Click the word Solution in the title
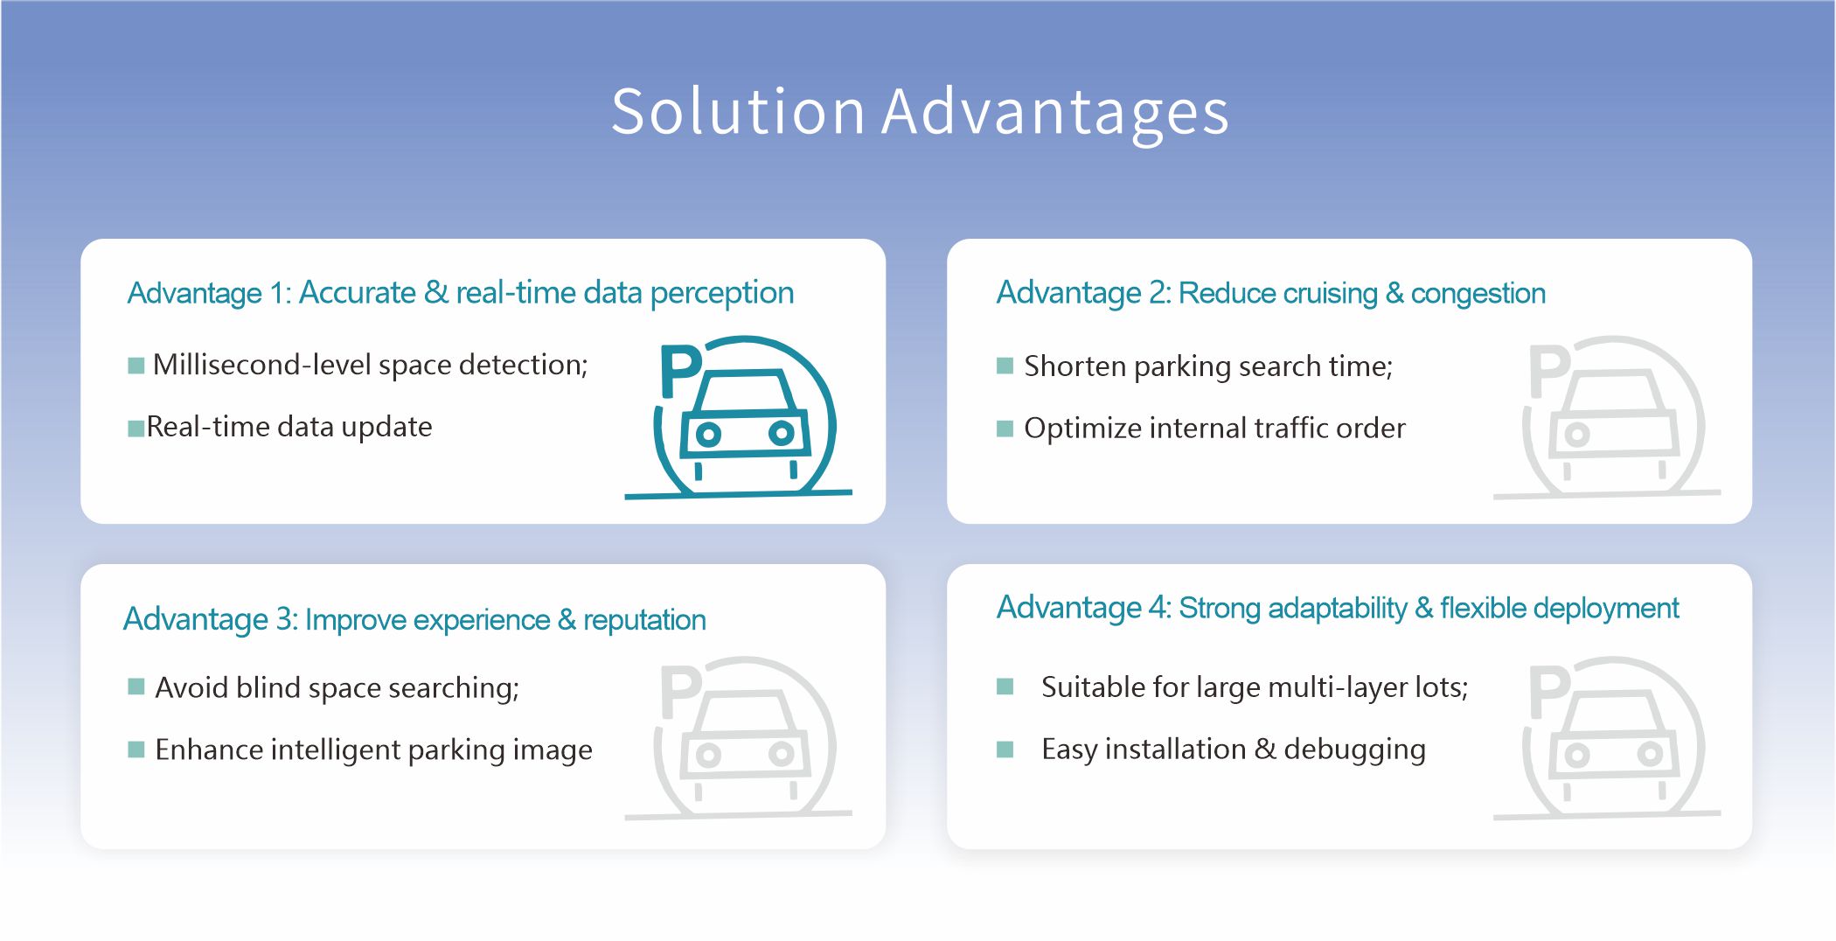point(738,112)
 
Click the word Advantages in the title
point(1055,114)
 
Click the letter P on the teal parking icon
point(680,371)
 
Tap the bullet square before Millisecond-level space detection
point(136,366)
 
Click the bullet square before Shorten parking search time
point(1005,366)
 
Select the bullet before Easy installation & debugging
point(1005,749)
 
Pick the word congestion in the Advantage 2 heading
point(1478,294)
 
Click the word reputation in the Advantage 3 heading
point(644,620)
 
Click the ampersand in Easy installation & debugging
point(1265,749)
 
